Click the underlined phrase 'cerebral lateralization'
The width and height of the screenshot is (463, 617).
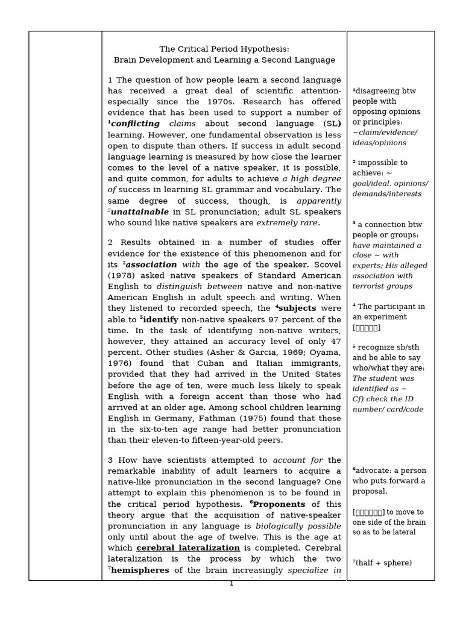click(188, 548)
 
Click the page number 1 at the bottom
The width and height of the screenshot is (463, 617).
click(231, 584)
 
